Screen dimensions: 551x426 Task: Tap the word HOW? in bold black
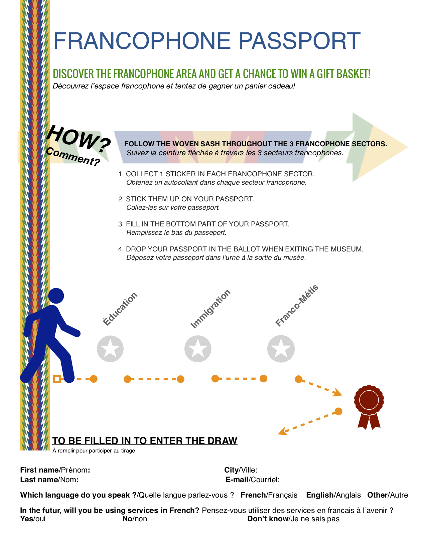tap(79, 138)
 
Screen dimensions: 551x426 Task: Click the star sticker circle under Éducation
tap(110, 349)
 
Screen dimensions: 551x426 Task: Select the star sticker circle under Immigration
tap(198, 349)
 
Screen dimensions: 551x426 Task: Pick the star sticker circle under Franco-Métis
tap(281, 349)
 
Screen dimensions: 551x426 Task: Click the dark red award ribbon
tap(369, 406)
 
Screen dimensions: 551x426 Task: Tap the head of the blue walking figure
tap(56, 296)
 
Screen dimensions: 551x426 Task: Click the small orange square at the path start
tap(57, 379)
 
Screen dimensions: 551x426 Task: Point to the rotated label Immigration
tap(210, 309)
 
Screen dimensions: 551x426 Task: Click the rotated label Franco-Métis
tap(297, 306)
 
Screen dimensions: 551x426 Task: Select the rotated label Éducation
tap(120, 309)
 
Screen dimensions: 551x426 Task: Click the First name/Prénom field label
tap(55, 470)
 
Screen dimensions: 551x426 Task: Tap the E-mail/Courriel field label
tap(253, 480)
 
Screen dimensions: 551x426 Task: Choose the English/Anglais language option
tap(333, 495)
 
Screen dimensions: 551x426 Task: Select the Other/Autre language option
tap(388, 495)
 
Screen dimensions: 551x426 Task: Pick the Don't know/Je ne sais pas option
tap(293, 519)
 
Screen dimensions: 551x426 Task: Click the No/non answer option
tap(135, 519)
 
